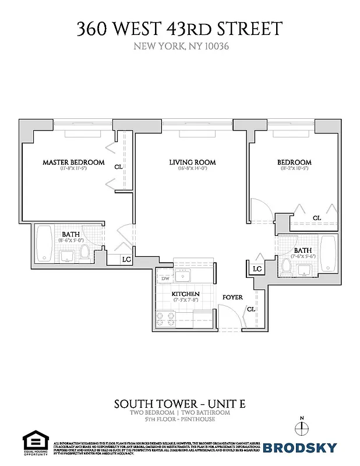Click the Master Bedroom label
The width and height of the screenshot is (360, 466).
(74, 162)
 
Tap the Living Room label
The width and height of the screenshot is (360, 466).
(192, 162)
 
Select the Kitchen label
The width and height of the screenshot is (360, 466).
(186, 294)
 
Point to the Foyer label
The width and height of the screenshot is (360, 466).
(232, 297)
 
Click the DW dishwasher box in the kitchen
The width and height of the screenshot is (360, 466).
(165, 279)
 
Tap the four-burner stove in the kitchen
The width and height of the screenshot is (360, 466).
(165, 319)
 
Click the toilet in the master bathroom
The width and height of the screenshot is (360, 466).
(85, 252)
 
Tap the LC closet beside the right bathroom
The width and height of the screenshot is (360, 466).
(257, 269)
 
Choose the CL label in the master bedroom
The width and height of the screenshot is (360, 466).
(119, 167)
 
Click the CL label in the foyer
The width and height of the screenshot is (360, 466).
(250, 309)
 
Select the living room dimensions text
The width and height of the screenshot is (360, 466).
(192, 170)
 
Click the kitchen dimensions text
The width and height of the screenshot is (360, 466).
(186, 301)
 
